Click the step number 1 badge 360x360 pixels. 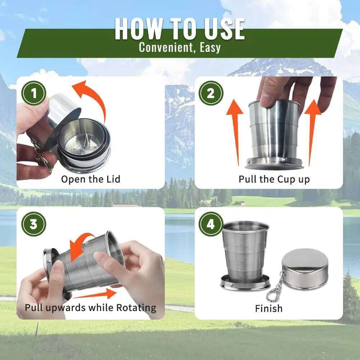(34, 94)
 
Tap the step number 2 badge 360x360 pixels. (211, 94)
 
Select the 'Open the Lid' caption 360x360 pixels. (90, 179)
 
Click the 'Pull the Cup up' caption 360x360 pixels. (274, 179)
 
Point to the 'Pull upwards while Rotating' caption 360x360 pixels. (90, 308)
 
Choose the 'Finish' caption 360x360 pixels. (269, 308)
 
